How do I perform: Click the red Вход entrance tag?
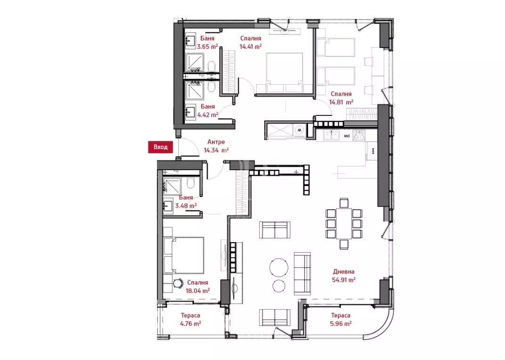pos(160,147)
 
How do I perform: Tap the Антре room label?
pos(216,142)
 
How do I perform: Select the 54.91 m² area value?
pos(343,280)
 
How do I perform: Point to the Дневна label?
pos(343,272)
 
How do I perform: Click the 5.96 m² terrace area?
pos(341,323)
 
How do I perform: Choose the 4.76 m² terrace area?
pos(190,323)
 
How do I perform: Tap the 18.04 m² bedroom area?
pos(198,290)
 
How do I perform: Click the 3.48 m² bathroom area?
pos(186,205)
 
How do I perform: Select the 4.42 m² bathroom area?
pos(208,115)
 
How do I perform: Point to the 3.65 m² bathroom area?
pos(208,46)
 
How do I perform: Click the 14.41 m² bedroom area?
pos(250,46)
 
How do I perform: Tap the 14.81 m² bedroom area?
pos(341,102)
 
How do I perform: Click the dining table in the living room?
pos(343,223)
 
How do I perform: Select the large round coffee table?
pos(279,267)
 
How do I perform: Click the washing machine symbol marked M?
pos(300,130)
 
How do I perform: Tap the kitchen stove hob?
pos(359,135)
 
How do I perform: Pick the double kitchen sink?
pos(331,135)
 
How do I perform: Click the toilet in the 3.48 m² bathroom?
pos(191,183)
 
